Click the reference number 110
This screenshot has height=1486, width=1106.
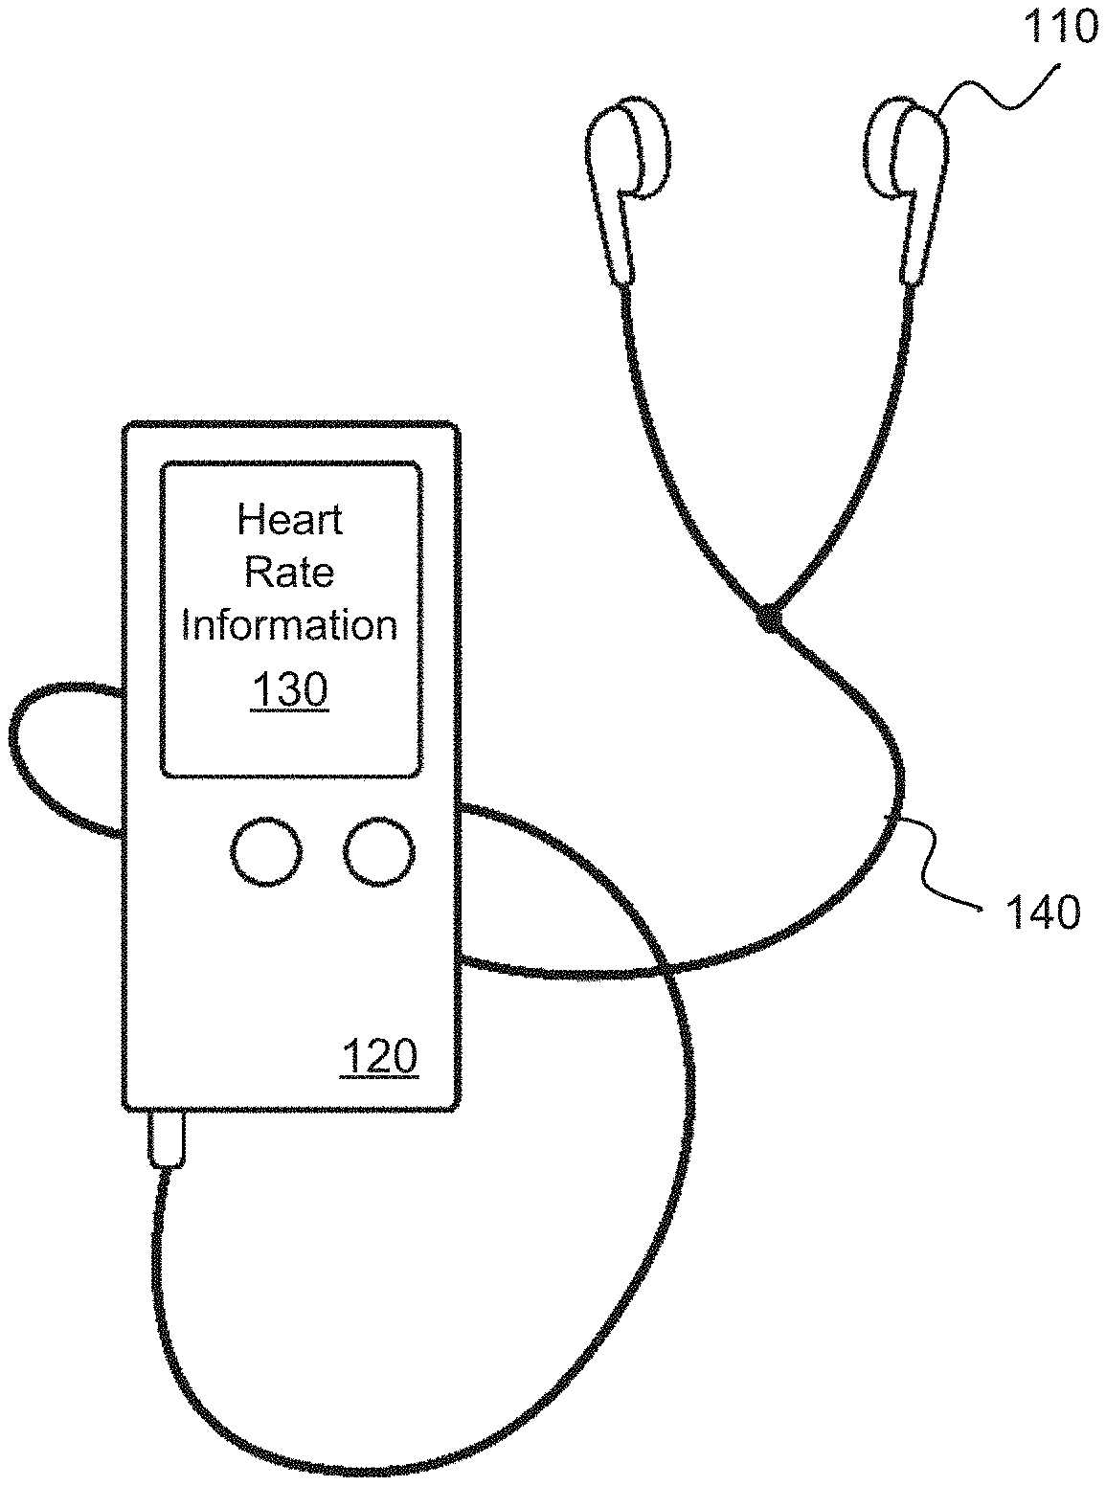(1060, 28)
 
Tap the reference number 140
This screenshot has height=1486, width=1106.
(1042, 912)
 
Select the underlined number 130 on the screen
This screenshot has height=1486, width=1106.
(289, 689)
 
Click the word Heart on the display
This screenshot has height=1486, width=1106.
(289, 520)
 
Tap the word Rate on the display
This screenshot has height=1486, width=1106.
(289, 573)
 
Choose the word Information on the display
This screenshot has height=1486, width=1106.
(289, 624)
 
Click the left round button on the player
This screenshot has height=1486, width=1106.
(266, 851)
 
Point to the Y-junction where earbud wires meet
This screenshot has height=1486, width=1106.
(767, 619)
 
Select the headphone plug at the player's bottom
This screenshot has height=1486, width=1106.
(167, 1139)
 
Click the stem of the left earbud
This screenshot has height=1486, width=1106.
(615, 239)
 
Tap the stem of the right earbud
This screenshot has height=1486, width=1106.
(917, 239)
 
